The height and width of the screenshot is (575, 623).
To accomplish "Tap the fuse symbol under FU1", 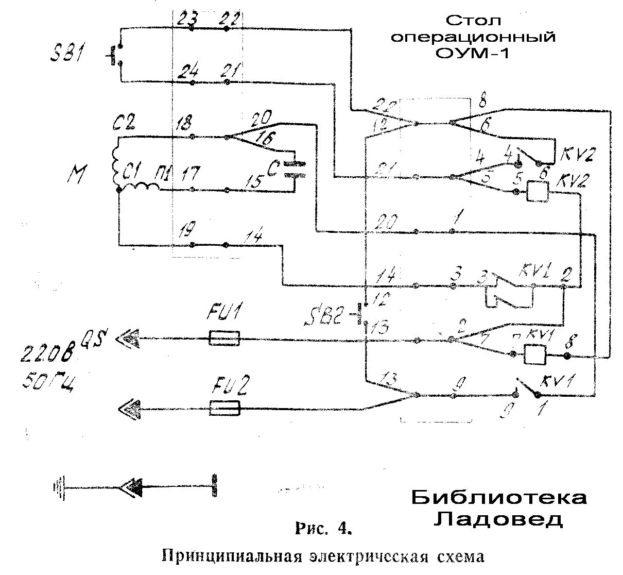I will point(224,339).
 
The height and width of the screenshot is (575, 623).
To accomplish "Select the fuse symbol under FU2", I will point(225,409).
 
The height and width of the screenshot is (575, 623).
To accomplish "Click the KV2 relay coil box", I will point(537,192).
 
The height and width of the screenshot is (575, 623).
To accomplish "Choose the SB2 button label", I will point(320,316).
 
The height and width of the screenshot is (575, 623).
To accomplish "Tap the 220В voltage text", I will point(47,354).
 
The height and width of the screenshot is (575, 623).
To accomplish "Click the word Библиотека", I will point(498,498).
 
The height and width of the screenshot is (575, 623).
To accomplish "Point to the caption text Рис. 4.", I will point(323,529).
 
